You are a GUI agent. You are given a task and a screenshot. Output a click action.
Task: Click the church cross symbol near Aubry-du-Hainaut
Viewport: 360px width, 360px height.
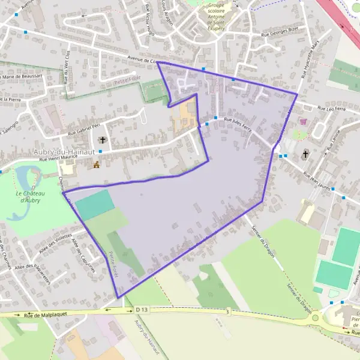(x=103, y=141)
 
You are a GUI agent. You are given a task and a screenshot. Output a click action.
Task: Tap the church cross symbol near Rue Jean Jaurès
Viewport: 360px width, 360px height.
(x=305, y=154)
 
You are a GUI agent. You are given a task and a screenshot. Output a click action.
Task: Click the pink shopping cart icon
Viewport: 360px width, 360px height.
(x=303, y=122)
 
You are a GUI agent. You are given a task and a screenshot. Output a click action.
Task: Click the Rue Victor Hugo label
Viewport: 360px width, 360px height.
(x=150, y=18)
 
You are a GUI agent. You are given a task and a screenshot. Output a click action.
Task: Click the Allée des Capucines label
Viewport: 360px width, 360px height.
(x=83, y=255)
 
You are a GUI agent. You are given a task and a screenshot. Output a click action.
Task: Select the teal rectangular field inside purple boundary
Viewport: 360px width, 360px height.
(x=95, y=205)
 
